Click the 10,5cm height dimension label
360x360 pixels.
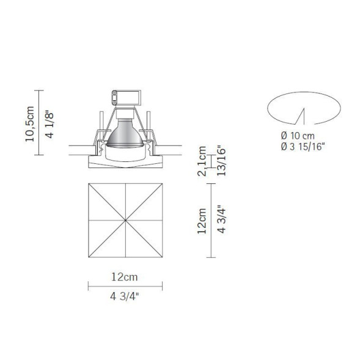[29, 123]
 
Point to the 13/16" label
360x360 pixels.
[221, 161]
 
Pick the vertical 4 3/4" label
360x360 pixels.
[221, 221]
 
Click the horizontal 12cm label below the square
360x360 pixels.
[125, 277]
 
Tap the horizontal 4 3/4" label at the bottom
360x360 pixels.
[125, 299]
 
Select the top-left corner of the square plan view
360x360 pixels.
[89, 183]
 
